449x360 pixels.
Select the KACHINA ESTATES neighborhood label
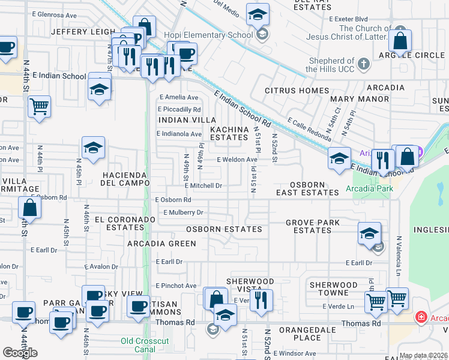point(229,133)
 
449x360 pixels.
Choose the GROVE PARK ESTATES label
point(312,226)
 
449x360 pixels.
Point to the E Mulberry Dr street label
point(184,212)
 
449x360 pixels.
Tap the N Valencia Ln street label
point(399,251)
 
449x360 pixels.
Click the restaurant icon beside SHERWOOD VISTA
point(261,301)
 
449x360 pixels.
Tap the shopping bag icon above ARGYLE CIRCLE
point(400,41)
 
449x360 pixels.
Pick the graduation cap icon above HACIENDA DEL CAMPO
point(93,148)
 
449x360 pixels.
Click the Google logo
point(20,353)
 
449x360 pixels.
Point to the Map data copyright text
point(423,356)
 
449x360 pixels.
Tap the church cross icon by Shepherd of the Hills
point(363,64)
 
